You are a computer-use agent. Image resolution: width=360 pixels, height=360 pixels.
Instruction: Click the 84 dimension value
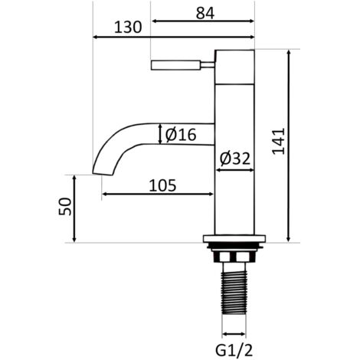[x=205, y=13]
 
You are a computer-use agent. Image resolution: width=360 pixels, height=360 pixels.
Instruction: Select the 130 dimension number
[x=128, y=28]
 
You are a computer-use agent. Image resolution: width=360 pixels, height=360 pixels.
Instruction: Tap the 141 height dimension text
[x=278, y=141]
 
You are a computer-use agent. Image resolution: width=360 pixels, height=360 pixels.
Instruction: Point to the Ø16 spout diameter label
[x=181, y=135]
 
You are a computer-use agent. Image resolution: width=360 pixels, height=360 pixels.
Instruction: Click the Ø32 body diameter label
[x=235, y=159]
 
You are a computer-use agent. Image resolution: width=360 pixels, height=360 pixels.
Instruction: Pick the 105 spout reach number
[x=162, y=185]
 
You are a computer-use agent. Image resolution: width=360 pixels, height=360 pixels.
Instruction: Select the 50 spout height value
[x=65, y=206]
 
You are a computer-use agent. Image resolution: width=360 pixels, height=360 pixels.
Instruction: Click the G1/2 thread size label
[x=234, y=351]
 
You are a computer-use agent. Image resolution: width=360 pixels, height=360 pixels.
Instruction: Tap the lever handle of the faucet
[x=175, y=65]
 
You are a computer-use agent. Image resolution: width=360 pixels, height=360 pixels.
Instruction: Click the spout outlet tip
[x=102, y=173]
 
